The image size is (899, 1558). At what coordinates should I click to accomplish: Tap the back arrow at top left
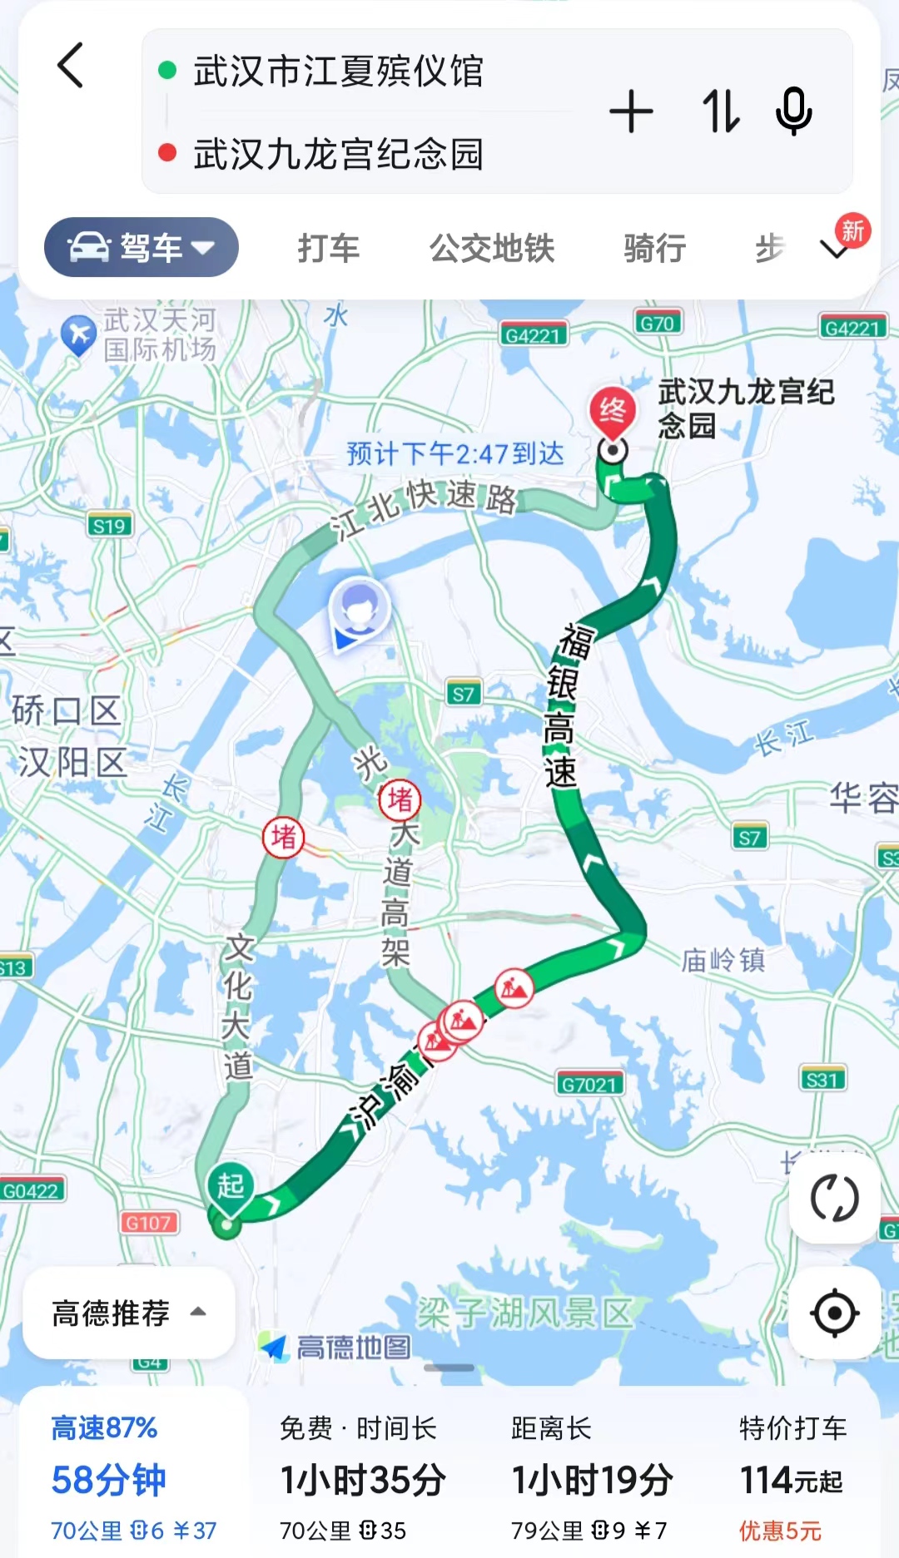(x=71, y=66)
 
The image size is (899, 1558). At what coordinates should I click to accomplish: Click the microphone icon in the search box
(x=793, y=111)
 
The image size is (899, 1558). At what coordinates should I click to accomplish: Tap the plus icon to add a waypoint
(x=631, y=111)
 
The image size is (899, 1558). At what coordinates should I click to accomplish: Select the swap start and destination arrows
(x=720, y=111)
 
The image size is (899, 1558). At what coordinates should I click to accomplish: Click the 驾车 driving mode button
(x=142, y=247)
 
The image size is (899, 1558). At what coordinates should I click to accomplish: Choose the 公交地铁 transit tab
(x=492, y=248)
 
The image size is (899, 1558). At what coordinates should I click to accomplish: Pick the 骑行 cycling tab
(x=655, y=248)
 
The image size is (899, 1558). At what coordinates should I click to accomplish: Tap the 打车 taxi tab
(x=329, y=248)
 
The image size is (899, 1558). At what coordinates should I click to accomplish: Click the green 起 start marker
(x=231, y=1185)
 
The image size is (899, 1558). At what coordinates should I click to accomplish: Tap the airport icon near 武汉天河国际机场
(x=79, y=335)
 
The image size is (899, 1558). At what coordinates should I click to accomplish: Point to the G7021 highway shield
(x=589, y=1084)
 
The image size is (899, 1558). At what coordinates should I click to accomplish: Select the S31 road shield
(x=822, y=1080)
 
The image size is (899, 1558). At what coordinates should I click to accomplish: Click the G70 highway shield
(x=657, y=323)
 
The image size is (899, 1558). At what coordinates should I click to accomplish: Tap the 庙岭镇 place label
(x=723, y=960)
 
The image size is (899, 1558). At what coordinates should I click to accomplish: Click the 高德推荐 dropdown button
(x=128, y=1313)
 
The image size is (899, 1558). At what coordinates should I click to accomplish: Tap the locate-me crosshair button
(x=834, y=1313)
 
